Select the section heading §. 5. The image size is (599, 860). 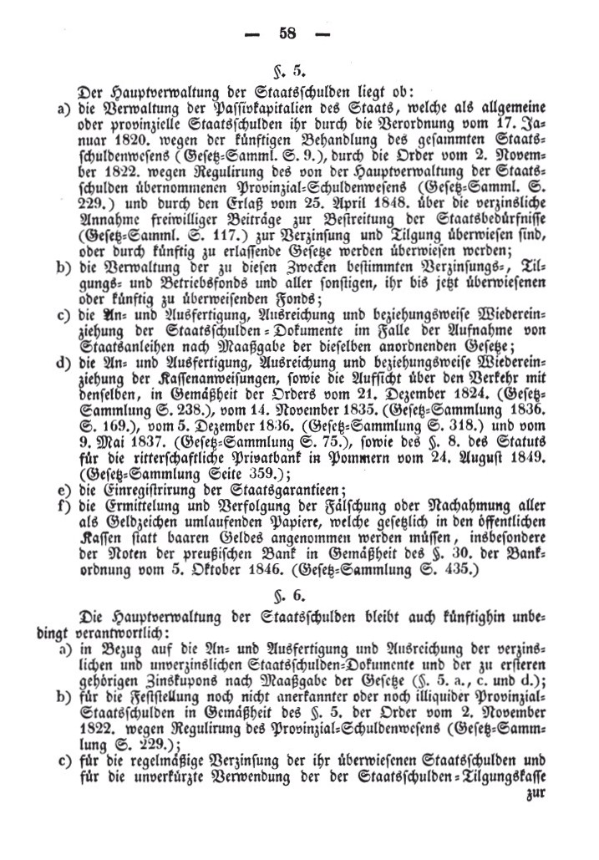(299, 69)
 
